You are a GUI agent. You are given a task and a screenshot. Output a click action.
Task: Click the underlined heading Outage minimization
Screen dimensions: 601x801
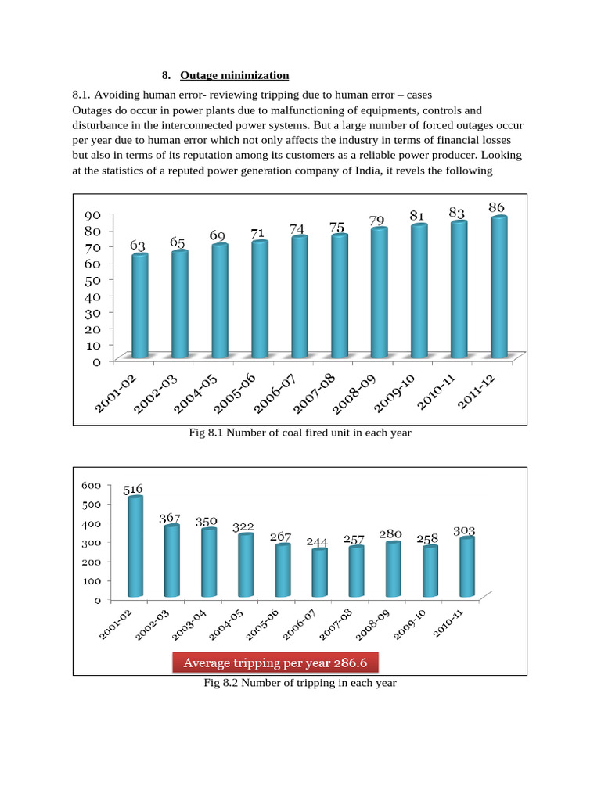click(234, 76)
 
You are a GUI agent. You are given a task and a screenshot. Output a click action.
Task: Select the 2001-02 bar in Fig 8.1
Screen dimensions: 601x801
click(140, 306)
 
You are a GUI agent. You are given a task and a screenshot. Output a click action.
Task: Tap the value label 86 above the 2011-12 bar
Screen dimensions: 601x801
click(496, 207)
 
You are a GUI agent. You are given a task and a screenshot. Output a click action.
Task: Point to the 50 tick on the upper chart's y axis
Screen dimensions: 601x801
click(92, 280)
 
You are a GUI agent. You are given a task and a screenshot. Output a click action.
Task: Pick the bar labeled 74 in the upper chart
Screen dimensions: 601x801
click(300, 296)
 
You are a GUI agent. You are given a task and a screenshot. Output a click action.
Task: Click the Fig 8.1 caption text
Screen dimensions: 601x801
click(300, 433)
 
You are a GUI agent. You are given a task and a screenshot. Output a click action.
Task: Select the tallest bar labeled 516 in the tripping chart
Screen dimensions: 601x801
click(135, 546)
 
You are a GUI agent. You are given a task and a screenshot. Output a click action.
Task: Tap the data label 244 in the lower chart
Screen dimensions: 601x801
click(317, 541)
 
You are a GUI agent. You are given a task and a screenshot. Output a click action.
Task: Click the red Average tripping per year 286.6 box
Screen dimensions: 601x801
click(275, 663)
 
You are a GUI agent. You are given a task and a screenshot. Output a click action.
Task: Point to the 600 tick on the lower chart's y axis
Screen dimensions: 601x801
click(92, 485)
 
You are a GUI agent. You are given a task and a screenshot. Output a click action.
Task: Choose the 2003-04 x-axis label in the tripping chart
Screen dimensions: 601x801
click(189, 625)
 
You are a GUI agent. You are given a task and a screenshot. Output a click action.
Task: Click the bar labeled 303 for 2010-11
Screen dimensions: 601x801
click(467, 566)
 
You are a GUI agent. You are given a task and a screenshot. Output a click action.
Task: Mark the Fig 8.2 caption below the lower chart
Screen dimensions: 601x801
click(300, 683)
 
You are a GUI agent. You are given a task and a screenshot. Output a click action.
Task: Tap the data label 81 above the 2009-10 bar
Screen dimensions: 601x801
click(417, 216)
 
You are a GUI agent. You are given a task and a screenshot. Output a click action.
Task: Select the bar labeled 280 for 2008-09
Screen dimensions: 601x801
click(394, 569)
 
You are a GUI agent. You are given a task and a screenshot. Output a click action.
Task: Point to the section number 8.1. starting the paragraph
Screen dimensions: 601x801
click(81, 95)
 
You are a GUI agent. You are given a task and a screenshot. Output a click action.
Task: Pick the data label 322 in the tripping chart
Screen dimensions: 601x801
click(243, 527)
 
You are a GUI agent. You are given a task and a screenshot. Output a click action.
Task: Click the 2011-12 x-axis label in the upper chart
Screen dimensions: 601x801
click(477, 392)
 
